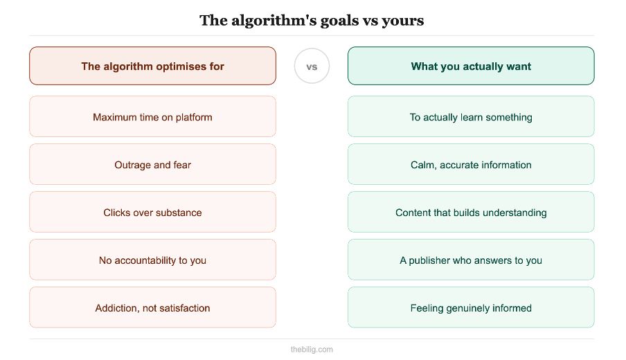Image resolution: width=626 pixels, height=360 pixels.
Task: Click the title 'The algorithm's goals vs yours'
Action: click(x=312, y=20)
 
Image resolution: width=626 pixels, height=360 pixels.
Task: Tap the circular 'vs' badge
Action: click(x=312, y=66)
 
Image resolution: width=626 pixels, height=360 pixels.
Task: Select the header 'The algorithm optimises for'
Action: click(x=152, y=66)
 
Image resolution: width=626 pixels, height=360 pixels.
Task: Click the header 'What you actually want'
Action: click(x=471, y=66)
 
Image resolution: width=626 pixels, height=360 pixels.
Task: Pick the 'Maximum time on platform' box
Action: click(x=152, y=117)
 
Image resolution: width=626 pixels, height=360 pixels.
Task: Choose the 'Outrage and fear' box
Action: click(x=152, y=165)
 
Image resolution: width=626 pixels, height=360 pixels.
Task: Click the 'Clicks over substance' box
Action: click(x=152, y=213)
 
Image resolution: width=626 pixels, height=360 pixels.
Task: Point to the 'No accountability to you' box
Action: click(x=152, y=260)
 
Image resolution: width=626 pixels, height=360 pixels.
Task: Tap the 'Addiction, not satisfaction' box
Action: click(x=152, y=308)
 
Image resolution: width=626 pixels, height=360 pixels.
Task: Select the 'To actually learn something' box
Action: click(x=471, y=117)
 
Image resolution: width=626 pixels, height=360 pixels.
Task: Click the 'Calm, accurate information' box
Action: click(x=471, y=165)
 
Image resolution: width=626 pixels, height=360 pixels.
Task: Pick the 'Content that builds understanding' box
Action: click(x=471, y=213)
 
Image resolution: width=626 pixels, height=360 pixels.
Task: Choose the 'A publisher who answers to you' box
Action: click(x=471, y=260)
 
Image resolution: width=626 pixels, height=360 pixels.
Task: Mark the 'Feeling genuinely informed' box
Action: click(x=471, y=308)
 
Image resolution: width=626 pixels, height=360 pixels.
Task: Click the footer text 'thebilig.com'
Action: click(x=312, y=350)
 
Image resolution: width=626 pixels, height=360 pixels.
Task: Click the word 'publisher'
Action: click(x=432, y=260)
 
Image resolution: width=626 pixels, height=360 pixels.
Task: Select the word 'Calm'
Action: click(x=423, y=165)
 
